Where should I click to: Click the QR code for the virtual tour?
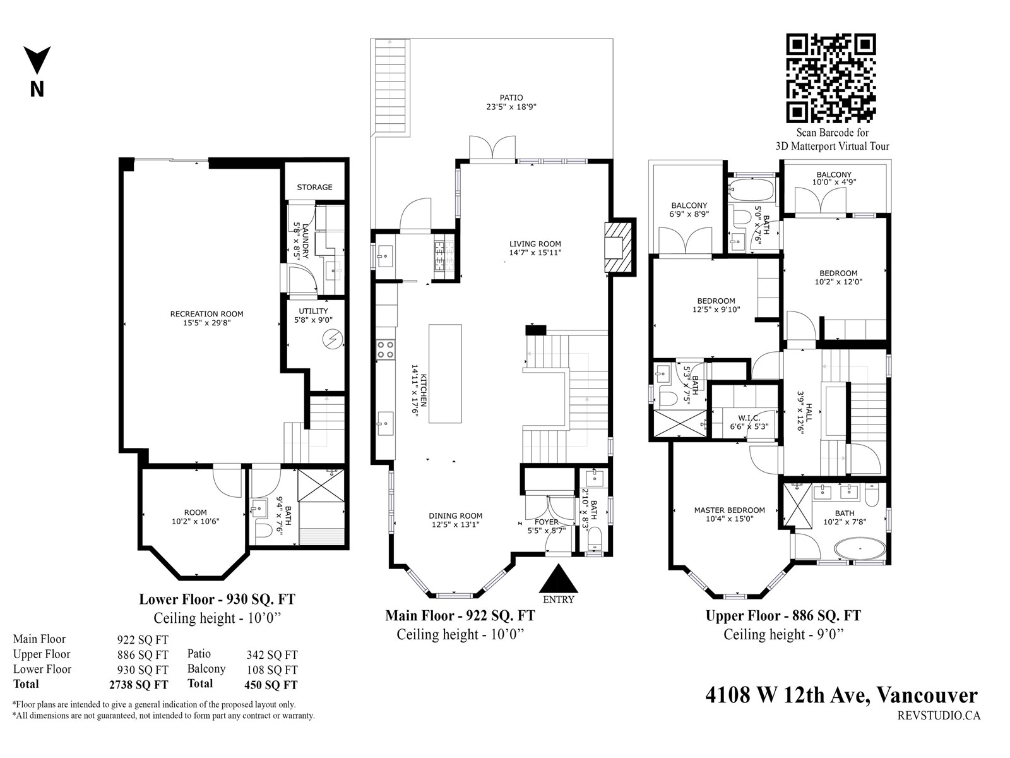[x=830, y=78]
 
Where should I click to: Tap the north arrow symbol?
[x=37, y=60]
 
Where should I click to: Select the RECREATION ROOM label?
[x=206, y=314]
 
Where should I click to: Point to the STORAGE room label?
[x=314, y=188]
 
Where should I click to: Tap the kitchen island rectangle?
[x=445, y=373]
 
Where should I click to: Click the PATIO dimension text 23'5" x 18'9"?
[x=511, y=107]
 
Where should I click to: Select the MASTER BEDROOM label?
[x=729, y=510]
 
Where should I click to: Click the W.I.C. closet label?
[x=749, y=418]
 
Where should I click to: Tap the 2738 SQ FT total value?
[x=138, y=685]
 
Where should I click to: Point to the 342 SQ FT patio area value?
[x=272, y=654]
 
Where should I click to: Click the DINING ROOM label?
[x=456, y=516]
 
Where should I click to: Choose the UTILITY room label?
[x=313, y=311]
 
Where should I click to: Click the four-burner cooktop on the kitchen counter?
[x=386, y=349]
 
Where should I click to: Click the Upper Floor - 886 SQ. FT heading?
[x=783, y=616]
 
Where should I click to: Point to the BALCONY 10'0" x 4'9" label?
[x=834, y=178]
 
